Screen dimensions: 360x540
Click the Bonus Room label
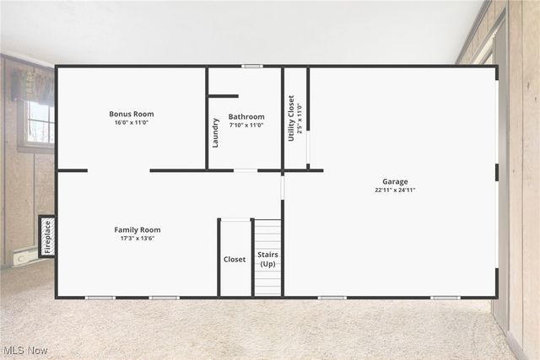(132, 114)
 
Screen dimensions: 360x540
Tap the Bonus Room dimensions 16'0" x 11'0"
(132, 122)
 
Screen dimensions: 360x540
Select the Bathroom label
(246, 116)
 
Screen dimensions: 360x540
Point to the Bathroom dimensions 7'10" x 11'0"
(246, 125)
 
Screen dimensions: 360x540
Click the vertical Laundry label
(216, 132)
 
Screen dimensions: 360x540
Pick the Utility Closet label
(291, 118)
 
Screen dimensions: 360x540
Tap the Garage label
(395, 181)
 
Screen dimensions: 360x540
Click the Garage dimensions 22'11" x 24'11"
(395, 190)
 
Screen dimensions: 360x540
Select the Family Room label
(138, 229)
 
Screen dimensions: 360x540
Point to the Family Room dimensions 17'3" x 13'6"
(138, 238)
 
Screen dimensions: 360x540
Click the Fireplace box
(47, 236)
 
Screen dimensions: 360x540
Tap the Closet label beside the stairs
(235, 260)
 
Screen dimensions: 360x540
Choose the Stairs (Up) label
(267, 259)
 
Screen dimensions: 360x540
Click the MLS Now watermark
(24, 350)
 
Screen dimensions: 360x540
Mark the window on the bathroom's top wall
(251, 66)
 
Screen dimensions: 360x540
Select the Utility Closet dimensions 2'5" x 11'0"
(300, 118)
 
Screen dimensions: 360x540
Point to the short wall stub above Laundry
(224, 96)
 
